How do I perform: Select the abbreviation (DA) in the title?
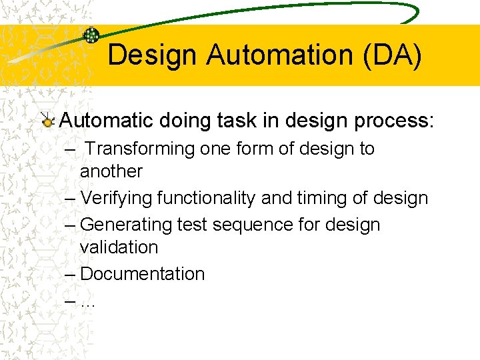[x=393, y=55]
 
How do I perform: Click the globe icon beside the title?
[x=91, y=35]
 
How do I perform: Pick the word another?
[x=111, y=171]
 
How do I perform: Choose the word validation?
[x=119, y=247]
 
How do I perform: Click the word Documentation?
[x=142, y=274]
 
